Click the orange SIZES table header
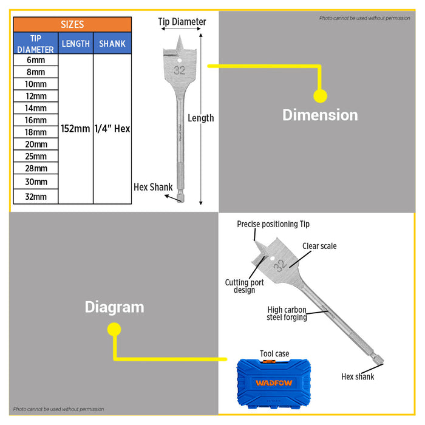[72, 24]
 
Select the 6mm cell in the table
[36, 60]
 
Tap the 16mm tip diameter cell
[36, 120]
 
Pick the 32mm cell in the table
[36, 197]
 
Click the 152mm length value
[75, 129]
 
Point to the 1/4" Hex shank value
[112, 129]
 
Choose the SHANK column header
[112, 43]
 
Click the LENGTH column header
[76, 43]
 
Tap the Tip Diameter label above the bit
[182, 22]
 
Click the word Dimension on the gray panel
[320, 115]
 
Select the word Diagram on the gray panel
[114, 307]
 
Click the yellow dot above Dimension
[320, 96]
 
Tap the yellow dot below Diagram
[114, 329]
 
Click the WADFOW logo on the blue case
[274, 382]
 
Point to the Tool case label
[274, 354]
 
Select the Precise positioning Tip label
[273, 224]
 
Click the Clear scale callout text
[319, 246]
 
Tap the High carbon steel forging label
[287, 314]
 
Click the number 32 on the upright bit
[180, 70]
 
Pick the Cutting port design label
[245, 286]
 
